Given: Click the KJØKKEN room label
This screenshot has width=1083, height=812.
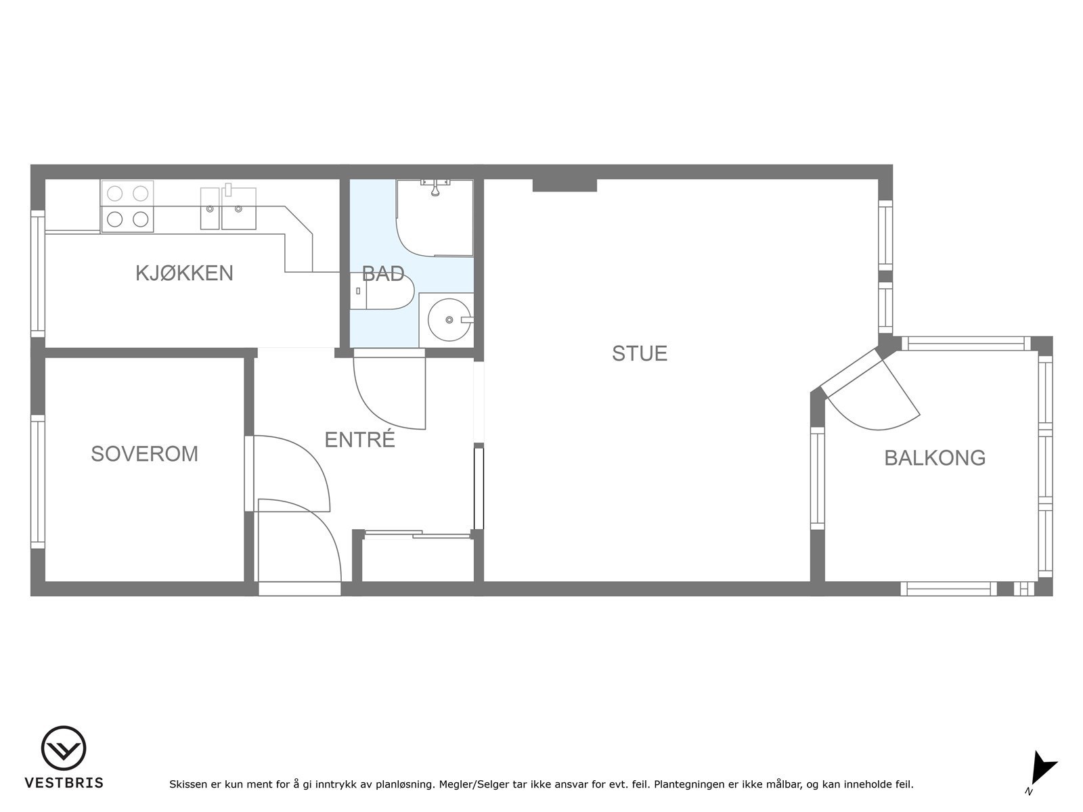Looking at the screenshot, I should tap(184, 273).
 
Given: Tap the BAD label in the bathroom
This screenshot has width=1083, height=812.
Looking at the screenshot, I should tap(383, 274).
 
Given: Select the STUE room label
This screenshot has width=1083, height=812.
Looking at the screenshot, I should tap(640, 353).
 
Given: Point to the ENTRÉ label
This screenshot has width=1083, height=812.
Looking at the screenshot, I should tap(359, 440).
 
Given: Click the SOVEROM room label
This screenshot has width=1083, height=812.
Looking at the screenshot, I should tap(144, 453).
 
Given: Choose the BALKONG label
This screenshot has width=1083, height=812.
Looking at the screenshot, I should tap(935, 458).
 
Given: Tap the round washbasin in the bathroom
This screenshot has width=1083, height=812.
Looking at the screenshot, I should tap(449, 319).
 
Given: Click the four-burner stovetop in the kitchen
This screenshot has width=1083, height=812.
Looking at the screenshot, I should tap(127, 206).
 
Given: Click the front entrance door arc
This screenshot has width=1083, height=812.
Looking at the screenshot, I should tap(305, 541).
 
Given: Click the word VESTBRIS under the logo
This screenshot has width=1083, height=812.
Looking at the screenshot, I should tap(64, 783).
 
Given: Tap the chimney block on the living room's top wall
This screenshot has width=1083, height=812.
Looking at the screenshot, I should tap(564, 185).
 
